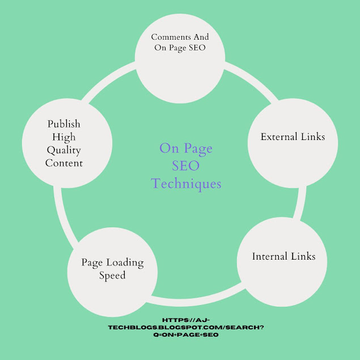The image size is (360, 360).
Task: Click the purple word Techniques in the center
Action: coord(187,184)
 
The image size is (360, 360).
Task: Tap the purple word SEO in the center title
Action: coord(187,166)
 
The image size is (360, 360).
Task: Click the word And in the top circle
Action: coord(200,37)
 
